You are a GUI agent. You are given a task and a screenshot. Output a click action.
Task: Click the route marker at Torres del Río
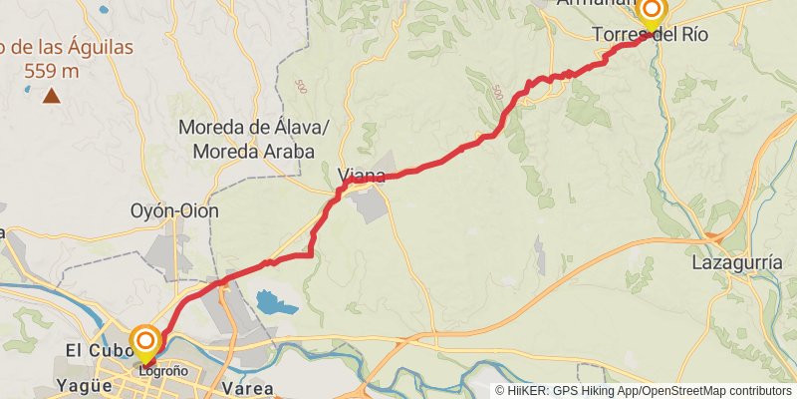(x=652, y=12)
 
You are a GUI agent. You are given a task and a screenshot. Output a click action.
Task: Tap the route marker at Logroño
(x=145, y=340)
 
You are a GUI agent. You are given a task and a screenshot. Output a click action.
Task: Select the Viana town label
(x=361, y=177)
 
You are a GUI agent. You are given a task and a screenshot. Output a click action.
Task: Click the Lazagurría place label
(x=734, y=264)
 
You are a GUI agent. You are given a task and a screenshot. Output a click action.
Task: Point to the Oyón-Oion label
(x=174, y=211)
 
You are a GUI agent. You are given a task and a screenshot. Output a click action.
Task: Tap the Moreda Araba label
(x=254, y=152)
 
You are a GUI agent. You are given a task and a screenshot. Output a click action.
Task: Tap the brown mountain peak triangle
(x=50, y=96)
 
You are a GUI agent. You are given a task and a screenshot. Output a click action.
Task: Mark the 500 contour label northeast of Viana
(x=497, y=93)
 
